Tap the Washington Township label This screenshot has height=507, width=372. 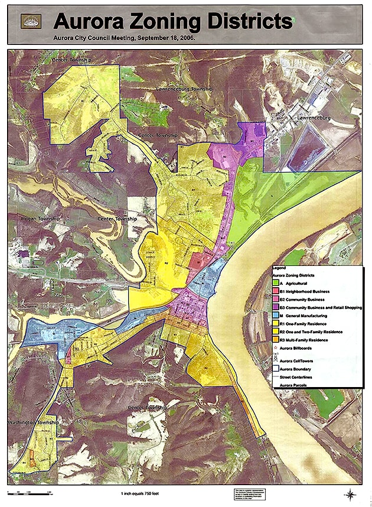tap(33, 423)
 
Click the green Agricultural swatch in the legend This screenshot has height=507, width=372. tap(275, 284)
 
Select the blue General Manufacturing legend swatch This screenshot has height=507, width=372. tap(275, 316)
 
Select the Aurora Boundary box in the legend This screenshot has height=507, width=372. tap(275, 368)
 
